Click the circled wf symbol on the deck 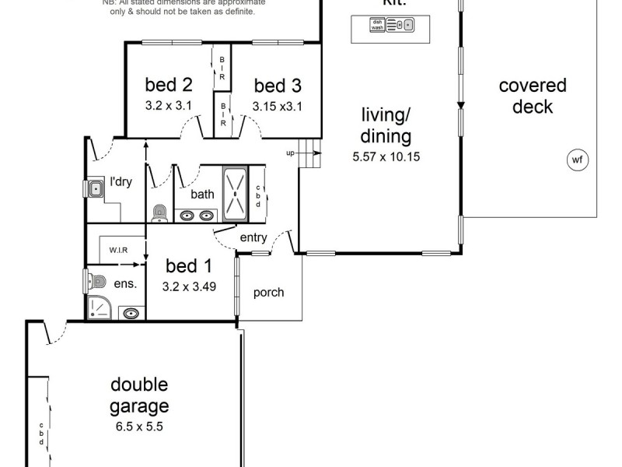pyautogui.click(x=577, y=161)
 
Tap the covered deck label pyautogui.click(x=533, y=96)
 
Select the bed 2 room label pyautogui.click(x=169, y=85)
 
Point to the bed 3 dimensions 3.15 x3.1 pyautogui.click(x=277, y=105)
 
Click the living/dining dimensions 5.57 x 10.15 pyautogui.click(x=386, y=156)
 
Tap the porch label pyautogui.click(x=269, y=293)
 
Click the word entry pyautogui.click(x=253, y=238)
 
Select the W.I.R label pyautogui.click(x=118, y=250)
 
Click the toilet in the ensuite pyautogui.click(x=97, y=280)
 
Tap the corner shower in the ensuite pyautogui.click(x=100, y=308)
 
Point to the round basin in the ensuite pyautogui.click(x=131, y=313)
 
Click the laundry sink pyautogui.click(x=96, y=188)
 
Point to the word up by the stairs pyautogui.click(x=291, y=153)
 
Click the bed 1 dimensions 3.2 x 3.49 pyautogui.click(x=189, y=286)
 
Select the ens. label pyautogui.click(x=126, y=284)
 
